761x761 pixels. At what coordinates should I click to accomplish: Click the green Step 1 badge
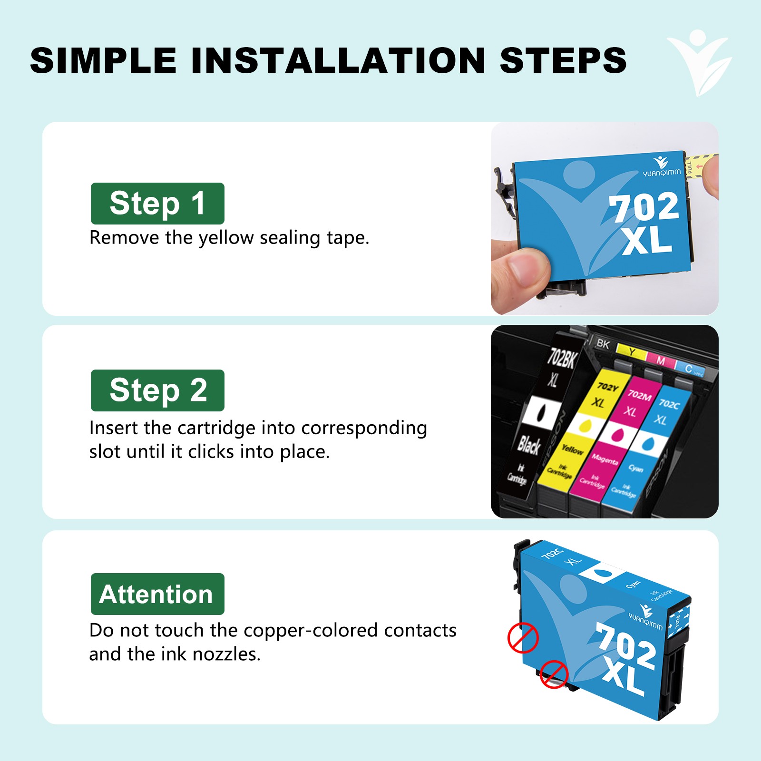tap(157, 204)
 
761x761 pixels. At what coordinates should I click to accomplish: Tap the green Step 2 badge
tap(157, 390)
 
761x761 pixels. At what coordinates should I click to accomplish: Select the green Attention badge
tap(157, 594)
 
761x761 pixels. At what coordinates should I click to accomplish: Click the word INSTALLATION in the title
tap(338, 61)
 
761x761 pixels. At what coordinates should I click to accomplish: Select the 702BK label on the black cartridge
tap(562, 358)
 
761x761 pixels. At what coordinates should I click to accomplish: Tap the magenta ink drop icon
tap(617, 434)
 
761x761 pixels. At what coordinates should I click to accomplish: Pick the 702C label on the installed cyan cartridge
tap(669, 404)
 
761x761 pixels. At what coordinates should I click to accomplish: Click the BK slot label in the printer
tap(603, 343)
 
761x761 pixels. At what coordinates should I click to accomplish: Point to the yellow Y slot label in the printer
tap(632, 352)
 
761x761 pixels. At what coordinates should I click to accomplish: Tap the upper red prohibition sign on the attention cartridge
tap(523, 637)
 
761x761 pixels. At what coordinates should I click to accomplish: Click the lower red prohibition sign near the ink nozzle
tap(554, 674)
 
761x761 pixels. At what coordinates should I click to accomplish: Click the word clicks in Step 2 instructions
tap(211, 452)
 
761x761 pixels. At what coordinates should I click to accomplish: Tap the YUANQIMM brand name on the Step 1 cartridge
tap(662, 173)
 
